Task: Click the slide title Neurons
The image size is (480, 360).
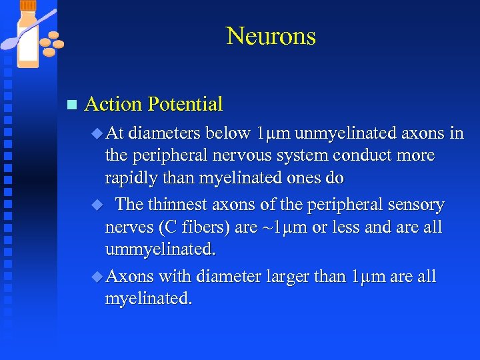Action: click(x=271, y=36)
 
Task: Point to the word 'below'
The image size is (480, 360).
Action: click(x=228, y=133)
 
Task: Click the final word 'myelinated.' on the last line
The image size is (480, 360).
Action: click(x=149, y=299)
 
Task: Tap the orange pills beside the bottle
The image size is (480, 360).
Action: click(x=51, y=43)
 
